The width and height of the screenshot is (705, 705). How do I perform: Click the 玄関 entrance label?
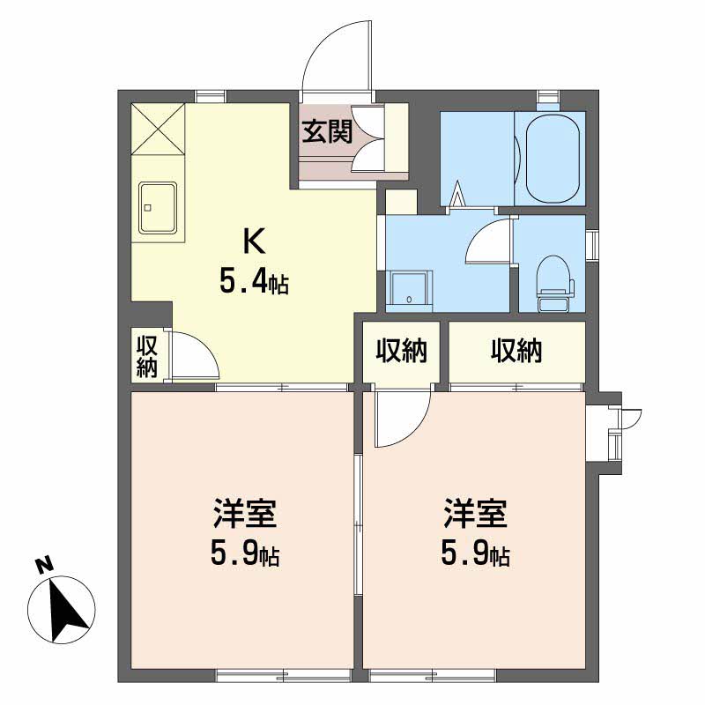coord(328,131)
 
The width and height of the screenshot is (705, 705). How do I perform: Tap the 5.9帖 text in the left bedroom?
coord(245,555)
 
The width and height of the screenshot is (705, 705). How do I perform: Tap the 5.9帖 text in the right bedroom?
coord(475,555)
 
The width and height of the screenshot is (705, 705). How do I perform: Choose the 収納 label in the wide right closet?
coord(516,352)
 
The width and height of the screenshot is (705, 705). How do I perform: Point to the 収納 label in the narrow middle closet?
coord(402,352)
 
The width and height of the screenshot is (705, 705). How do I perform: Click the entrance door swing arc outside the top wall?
coord(335,53)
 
